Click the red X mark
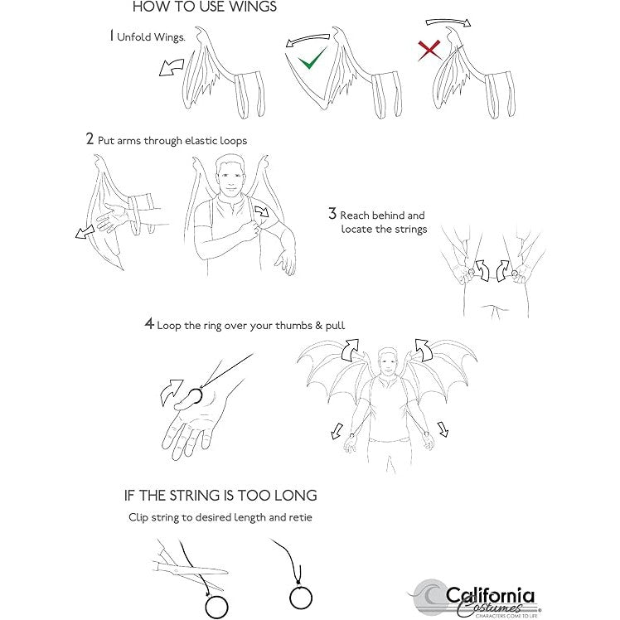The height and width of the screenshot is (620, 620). (x=429, y=51)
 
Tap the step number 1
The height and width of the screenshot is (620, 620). (x=112, y=36)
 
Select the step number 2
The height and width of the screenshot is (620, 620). (x=90, y=138)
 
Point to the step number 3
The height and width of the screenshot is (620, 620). (x=332, y=214)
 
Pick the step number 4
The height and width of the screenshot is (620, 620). (x=149, y=323)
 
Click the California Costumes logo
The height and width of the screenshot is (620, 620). (x=473, y=598)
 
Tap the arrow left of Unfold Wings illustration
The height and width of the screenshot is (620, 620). (x=172, y=68)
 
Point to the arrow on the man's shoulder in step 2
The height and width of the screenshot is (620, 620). (x=262, y=211)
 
